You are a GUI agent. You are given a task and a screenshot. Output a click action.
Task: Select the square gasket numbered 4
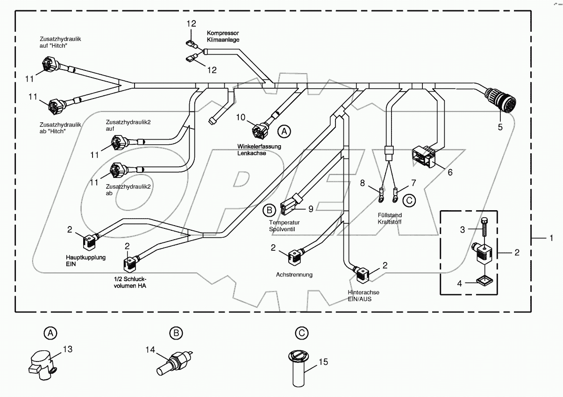point(483,281)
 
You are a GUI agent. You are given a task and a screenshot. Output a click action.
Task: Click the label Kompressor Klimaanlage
point(223,36)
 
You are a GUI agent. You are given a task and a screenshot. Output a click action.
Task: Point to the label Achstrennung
point(294,275)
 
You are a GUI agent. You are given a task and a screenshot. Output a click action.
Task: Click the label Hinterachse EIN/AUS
point(363,295)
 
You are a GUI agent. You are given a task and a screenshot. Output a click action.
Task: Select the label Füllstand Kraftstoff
point(389,219)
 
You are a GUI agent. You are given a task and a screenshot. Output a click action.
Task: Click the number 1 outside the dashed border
point(551,238)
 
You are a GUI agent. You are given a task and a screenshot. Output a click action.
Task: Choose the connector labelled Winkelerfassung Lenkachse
point(260,130)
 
